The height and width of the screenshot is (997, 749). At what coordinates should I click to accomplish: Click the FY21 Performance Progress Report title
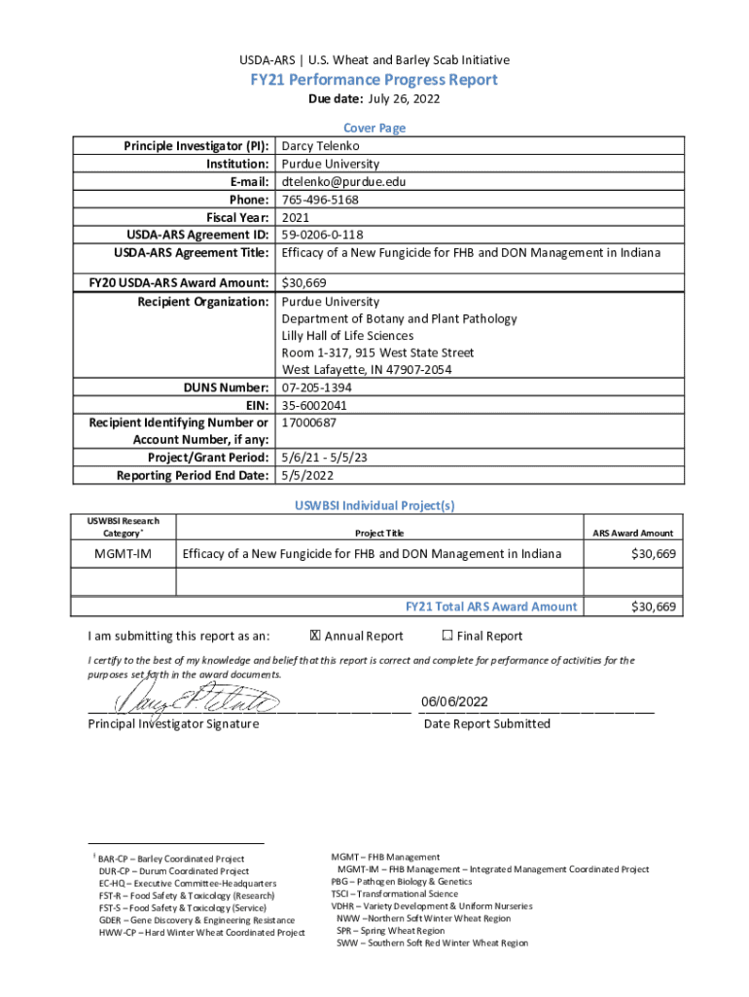click(x=374, y=80)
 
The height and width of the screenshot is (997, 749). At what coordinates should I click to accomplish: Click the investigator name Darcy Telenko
click(x=320, y=146)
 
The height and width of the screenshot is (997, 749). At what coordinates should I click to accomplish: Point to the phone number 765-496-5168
click(x=320, y=200)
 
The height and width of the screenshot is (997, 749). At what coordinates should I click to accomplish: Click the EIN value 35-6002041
click(x=314, y=405)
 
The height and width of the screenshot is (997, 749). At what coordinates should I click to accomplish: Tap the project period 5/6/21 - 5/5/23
click(x=325, y=458)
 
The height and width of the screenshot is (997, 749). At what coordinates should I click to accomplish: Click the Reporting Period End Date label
click(x=193, y=475)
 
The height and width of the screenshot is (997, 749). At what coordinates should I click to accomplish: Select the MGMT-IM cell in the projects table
click(x=122, y=554)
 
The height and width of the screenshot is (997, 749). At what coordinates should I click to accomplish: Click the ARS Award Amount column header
click(x=632, y=533)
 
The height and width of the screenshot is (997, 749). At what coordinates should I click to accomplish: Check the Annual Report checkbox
click(x=314, y=636)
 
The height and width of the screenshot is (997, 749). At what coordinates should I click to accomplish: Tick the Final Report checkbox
click(x=446, y=636)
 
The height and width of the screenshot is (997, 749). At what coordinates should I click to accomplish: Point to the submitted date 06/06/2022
click(x=454, y=703)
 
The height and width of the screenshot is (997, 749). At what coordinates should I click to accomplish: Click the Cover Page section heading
click(x=374, y=128)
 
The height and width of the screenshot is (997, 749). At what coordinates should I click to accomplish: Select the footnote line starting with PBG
click(x=395, y=881)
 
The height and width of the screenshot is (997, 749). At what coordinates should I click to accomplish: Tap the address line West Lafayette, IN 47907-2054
click(x=366, y=370)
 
